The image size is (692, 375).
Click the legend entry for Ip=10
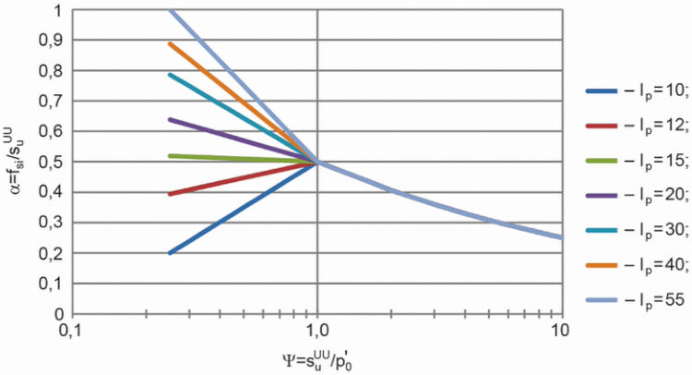point(636,91)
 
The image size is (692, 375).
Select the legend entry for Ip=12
point(636,127)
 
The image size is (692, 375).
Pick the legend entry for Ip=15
point(636,162)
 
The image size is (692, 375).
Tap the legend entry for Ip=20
point(636,196)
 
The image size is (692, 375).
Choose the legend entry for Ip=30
point(636,231)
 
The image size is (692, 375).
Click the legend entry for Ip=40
point(636,265)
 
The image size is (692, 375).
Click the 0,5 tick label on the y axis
point(52,163)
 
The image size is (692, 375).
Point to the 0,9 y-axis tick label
point(52,41)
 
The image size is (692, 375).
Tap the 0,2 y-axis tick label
point(52,253)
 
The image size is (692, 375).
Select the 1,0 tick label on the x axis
point(316,331)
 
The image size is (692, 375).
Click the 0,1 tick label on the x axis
point(72,331)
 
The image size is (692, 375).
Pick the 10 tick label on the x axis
point(560,330)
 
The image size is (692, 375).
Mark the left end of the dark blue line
point(170,253)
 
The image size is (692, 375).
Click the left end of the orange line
point(170,43)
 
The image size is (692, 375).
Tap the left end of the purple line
point(170,119)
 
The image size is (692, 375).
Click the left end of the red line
point(170,194)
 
